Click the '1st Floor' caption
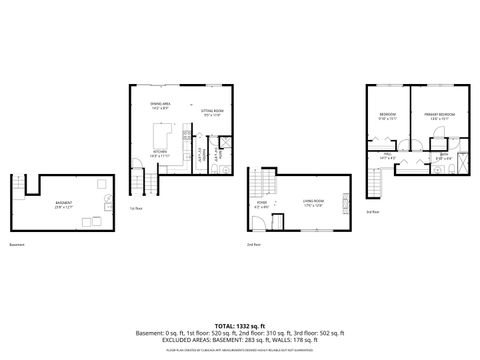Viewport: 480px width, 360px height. [x=135, y=209]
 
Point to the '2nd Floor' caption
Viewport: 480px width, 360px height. [x=254, y=244]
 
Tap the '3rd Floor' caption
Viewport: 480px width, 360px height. [x=372, y=211]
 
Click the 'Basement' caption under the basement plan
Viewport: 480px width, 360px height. [x=17, y=244]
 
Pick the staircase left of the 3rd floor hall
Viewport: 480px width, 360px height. [x=376, y=182]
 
